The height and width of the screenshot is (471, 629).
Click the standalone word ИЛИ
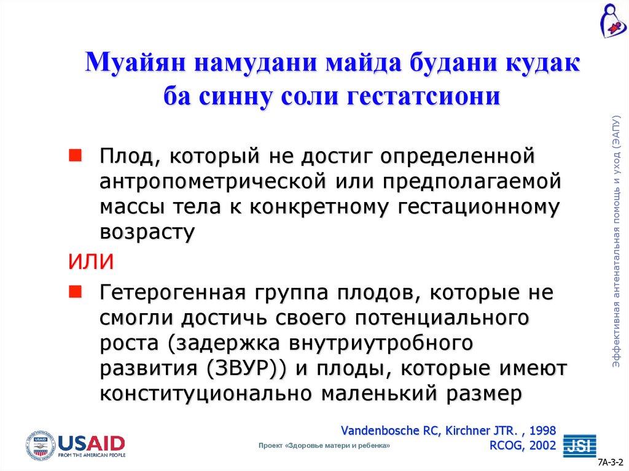(90, 261)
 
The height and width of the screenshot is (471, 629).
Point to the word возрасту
(147, 232)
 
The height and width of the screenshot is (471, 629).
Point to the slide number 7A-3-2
(611, 461)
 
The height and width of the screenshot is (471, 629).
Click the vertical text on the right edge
(617, 243)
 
